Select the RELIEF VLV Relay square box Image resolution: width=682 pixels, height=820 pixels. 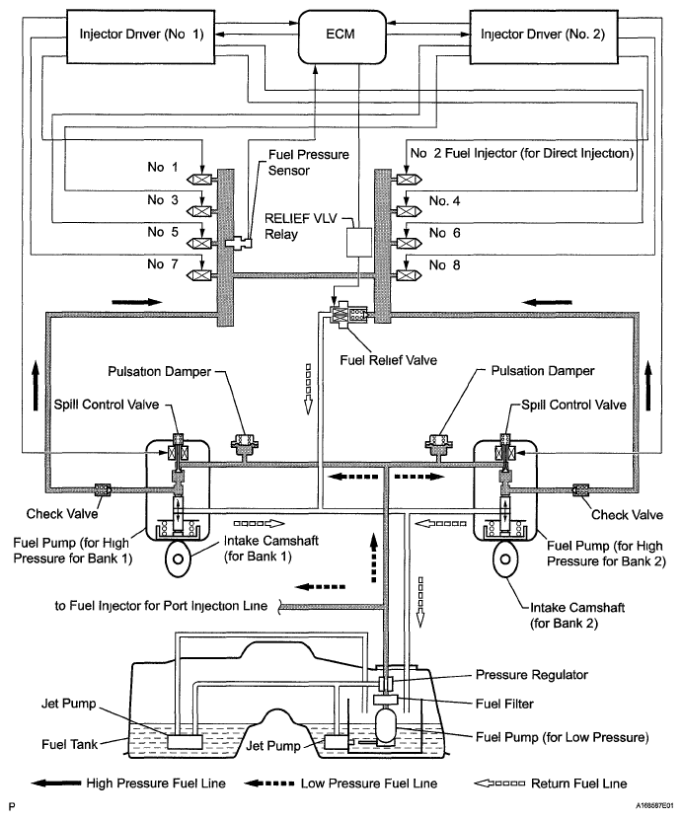[355, 243]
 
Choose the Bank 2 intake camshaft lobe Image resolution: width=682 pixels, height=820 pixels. [506, 562]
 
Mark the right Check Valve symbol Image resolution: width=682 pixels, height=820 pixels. [579, 488]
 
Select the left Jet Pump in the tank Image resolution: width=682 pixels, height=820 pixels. [185, 739]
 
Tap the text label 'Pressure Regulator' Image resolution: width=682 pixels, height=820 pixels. [533, 676]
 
